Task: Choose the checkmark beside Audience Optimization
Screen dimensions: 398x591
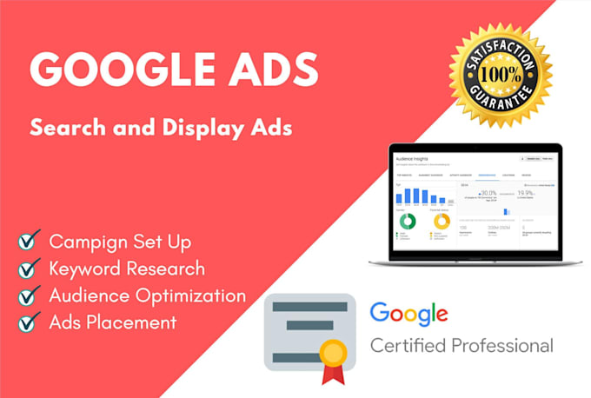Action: click(x=30, y=296)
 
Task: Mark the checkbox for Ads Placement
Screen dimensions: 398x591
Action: click(x=30, y=323)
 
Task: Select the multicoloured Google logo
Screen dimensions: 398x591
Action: click(x=408, y=314)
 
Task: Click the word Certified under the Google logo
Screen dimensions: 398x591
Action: click(x=411, y=346)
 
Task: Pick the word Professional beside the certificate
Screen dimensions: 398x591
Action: click(x=507, y=346)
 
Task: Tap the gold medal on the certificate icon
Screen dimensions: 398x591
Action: click(x=333, y=352)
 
